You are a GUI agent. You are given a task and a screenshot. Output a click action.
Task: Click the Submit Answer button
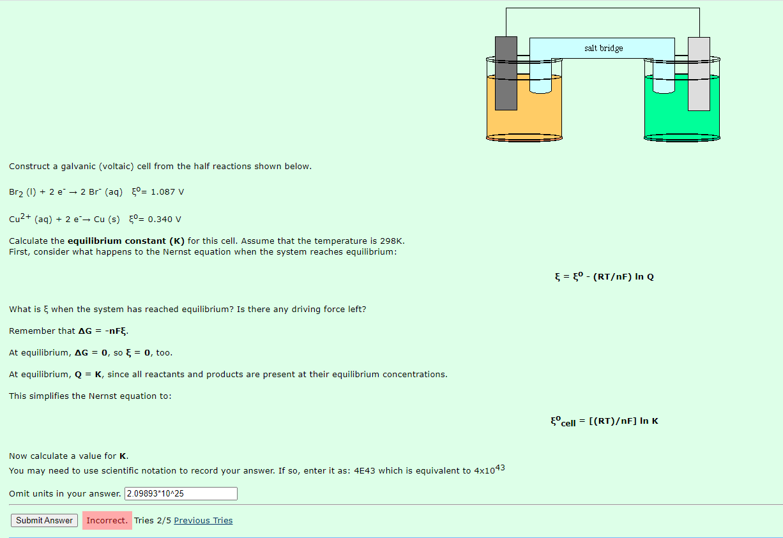(44, 520)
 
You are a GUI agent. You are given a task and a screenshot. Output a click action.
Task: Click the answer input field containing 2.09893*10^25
(181, 493)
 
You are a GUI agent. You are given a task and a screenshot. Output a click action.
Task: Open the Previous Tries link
(203, 520)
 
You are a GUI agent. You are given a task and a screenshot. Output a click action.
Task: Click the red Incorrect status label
(107, 520)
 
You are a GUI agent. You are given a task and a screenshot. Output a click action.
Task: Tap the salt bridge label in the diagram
(603, 48)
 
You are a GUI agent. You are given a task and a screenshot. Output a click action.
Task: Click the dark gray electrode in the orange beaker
(506, 73)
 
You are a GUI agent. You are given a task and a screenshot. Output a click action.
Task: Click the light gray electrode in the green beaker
(699, 73)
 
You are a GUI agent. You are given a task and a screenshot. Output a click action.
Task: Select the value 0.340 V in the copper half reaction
(164, 220)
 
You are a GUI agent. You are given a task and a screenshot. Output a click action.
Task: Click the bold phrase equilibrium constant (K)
(126, 241)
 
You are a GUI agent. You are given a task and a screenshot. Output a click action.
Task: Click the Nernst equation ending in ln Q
(604, 276)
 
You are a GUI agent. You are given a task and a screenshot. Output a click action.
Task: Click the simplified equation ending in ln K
(604, 421)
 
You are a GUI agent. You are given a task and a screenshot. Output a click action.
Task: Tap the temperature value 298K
(391, 241)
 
